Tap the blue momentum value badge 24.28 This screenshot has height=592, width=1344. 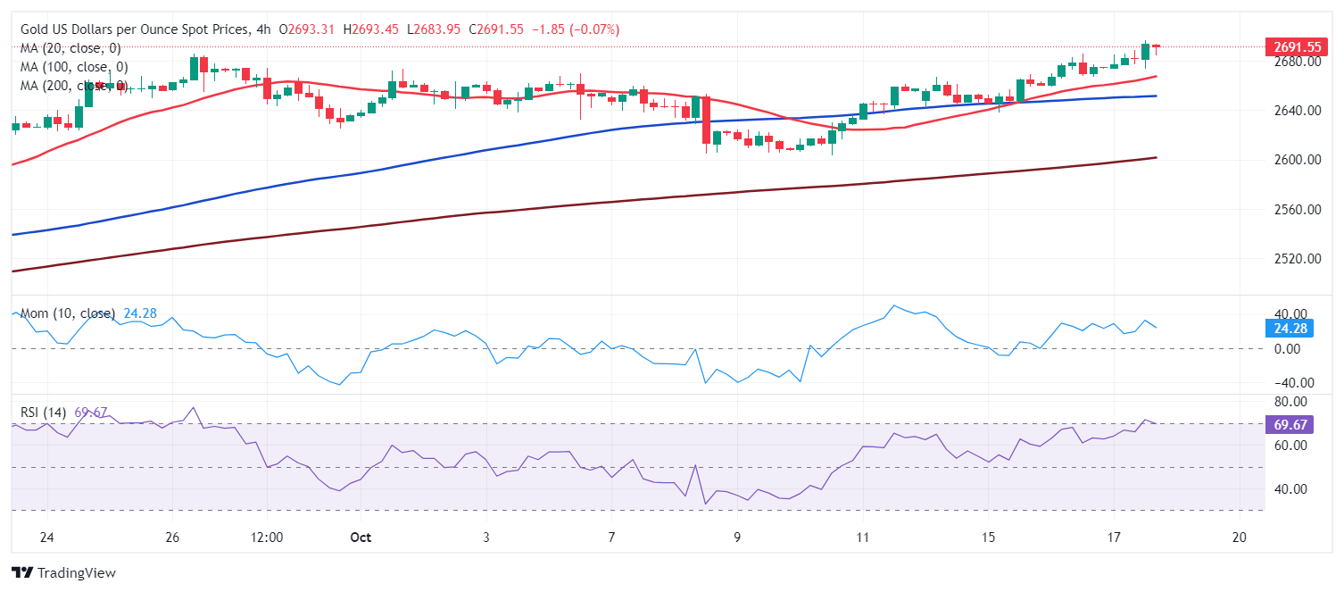pyautogui.click(x=1291, y=328)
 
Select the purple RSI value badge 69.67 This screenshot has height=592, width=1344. pyautogui.click(x=1291, y=424)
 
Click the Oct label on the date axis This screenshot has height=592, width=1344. pyautogui.click(x=360, y=538)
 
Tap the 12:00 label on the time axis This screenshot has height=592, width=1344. pyautogui.click(x=267, y=538)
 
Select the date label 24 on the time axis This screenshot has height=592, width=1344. pyautogui.click(x=47, y=538)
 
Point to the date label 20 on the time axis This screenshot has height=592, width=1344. pyautogui.click(x=1239, y=538)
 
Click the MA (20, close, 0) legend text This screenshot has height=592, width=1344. pyautogui.click(x=71, y=48)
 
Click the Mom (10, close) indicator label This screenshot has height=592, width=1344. pyautogui.click(x=68, y=313)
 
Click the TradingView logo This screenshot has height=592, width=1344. pyautogui.click(x=63, y=572)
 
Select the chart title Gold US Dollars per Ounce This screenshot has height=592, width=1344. pyautogui.click(x=135, y=29)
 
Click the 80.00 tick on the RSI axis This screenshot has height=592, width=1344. pyautogui.click(x=1290, y=402)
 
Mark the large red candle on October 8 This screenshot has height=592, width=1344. pyautogui.click(x=706, y=120)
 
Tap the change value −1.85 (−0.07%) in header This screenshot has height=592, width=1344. pyautogui.click(x=575, y=29)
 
